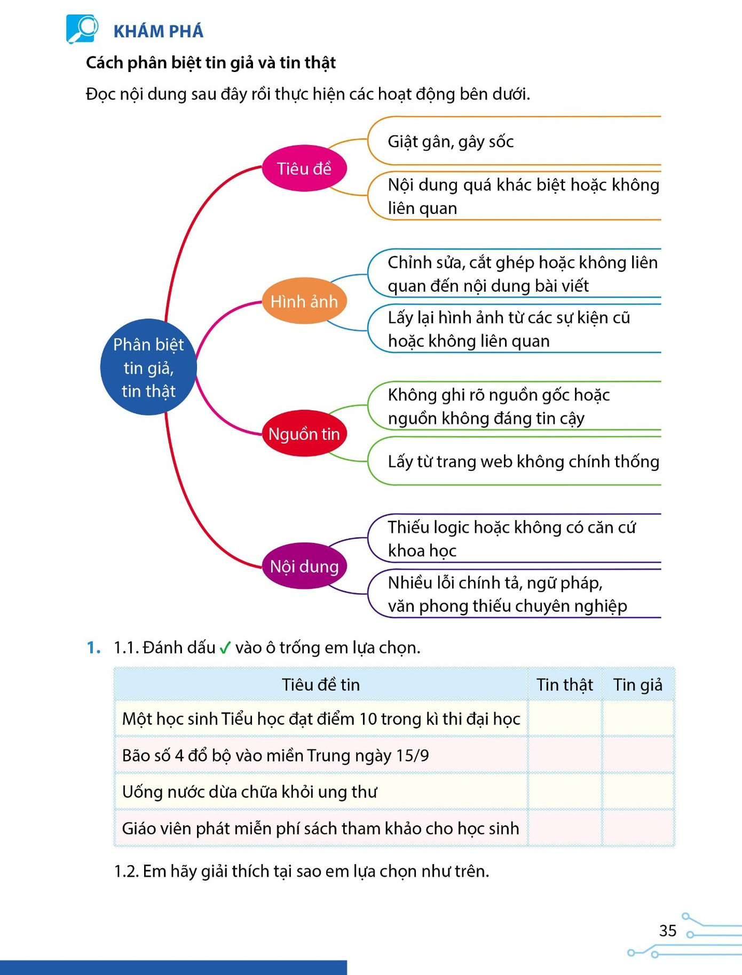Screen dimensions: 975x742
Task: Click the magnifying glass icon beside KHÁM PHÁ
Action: (82, 29)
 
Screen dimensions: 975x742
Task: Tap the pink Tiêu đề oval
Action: (304, 169)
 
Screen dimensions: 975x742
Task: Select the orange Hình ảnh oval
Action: (304, 301)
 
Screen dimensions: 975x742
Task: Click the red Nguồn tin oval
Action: (304, 433)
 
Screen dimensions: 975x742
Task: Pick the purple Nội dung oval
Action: (304, 566)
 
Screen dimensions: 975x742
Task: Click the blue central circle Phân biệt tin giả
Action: (148, 367)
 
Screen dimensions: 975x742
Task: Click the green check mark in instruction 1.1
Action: (225, 648)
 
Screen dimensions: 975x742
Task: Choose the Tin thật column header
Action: (564, 684)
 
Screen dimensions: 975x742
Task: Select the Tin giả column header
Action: (638, 684)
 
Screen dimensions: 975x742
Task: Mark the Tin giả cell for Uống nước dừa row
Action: (638, 792)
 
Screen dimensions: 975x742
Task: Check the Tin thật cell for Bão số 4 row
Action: (564, 755)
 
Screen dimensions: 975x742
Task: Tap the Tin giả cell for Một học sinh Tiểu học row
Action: (638, 718)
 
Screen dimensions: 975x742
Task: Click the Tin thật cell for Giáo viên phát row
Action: (564, 828)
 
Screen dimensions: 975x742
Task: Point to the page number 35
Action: (668, 931)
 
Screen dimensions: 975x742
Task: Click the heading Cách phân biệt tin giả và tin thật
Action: (211, 63)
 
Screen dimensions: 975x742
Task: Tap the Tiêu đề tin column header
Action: (321, 684)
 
